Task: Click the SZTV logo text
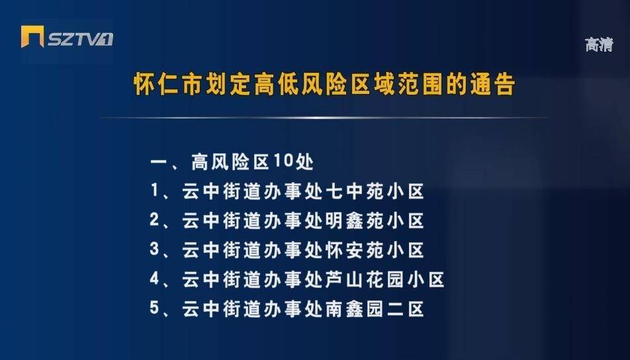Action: [80, 39]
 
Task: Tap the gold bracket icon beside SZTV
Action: [32, 36]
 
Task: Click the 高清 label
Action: [599, 44]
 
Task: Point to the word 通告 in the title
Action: [493, 85]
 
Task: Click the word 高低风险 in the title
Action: [300, 85]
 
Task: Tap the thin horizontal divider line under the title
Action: [324, 118]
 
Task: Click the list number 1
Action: [155, 191]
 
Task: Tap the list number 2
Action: [155, 220]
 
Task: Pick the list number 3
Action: [155, 249]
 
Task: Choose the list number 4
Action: [155, 279]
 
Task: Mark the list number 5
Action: [155, 308]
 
